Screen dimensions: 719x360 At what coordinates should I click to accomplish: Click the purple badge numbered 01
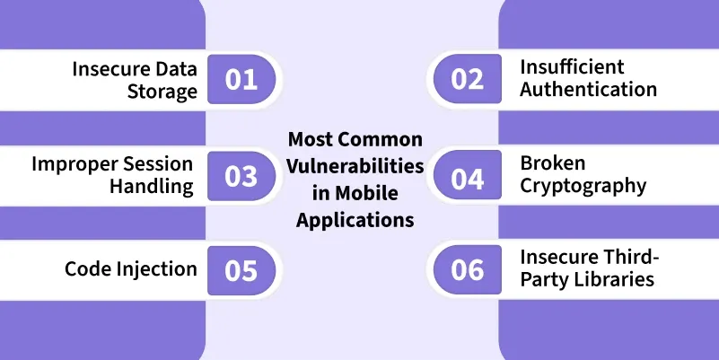click(241, 79)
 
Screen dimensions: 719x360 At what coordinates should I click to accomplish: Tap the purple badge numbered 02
click(468, 78)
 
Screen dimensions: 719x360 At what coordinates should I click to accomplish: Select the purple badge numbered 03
click(241, 176)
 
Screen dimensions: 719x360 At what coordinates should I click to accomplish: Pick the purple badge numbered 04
click(468, 175)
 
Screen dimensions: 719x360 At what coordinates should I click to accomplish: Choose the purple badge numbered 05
click(241, 270)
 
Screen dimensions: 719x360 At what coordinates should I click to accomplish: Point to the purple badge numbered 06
click(468, 269)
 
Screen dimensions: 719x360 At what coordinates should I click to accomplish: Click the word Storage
click(162, 92)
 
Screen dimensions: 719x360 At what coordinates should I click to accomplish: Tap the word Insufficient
click(572, 67)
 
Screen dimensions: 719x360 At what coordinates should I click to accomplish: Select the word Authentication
click(588, 90)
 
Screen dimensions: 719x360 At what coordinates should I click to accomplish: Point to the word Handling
click(152, 187)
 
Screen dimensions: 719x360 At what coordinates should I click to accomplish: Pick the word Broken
click(553, 162)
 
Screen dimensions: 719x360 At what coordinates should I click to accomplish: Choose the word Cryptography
click(583, 187)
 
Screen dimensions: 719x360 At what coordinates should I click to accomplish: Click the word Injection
click(157, 269)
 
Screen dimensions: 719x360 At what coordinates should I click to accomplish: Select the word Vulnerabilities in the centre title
click(355, 166)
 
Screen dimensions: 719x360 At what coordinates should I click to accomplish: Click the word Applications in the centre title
click(355, 221)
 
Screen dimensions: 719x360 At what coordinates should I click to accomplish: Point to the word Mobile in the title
click(366, 193)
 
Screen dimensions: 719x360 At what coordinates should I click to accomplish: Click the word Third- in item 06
click(624, 257)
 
